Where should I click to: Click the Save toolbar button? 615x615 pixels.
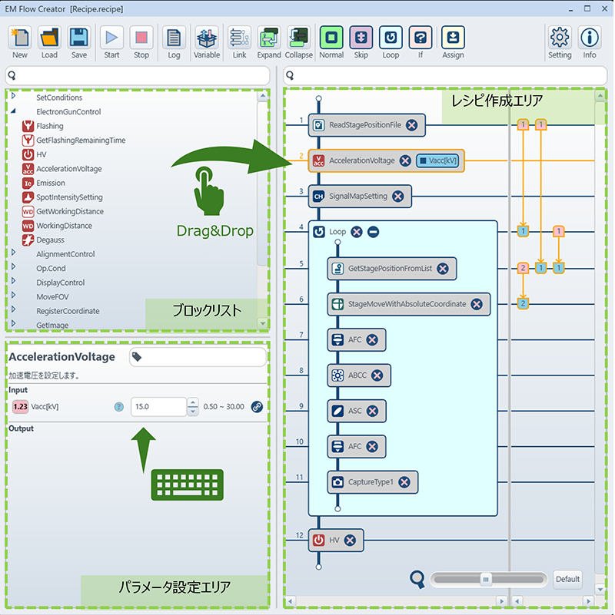[x=79, y=42]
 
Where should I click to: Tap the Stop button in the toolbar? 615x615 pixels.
[x=141, y=42]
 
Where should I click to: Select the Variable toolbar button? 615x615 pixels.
[x=207, y=42]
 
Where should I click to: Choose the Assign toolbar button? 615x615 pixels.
[x=453, y=42]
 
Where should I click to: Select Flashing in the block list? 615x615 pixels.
[x=50, y=126]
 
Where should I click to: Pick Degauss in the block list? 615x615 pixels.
[x=50, y=240]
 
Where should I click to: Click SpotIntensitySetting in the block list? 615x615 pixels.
[x=69, y=197]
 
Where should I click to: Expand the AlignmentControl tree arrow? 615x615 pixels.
[x=13, y=253]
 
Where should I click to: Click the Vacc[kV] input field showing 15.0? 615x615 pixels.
[x=158, y=406]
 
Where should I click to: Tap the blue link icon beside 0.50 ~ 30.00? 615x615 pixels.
[x=257, y=407]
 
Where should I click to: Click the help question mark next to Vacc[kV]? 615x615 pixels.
[x=118, y=407]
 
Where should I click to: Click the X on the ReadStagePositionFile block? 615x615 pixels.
[x=411, y=125]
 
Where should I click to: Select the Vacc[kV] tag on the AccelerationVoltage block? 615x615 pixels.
[x=437, y=160]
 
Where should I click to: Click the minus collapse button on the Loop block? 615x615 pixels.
[x=373, y=232]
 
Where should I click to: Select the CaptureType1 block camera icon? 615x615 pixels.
[x=337, y=482]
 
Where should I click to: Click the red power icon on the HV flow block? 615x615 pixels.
[x=318, y=540]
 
